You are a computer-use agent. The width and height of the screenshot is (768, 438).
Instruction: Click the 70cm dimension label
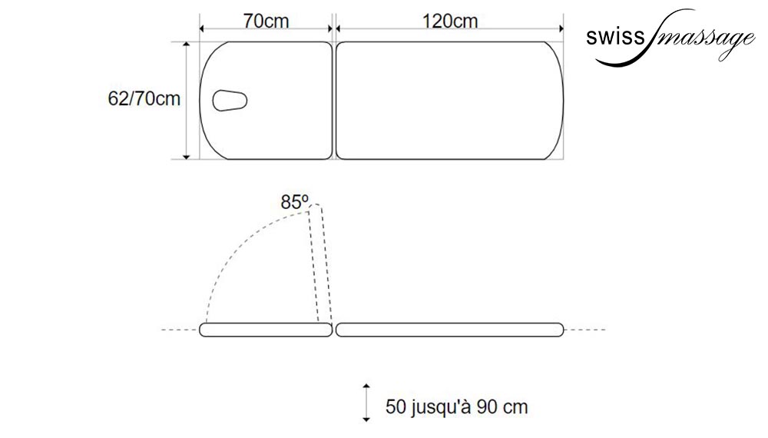tap(266, 21)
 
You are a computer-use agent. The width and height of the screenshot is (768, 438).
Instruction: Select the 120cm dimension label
tap(449, 21)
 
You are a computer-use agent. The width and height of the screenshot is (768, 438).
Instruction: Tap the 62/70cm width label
tap(144, 98)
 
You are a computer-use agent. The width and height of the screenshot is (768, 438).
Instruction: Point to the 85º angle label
tap(294, 202)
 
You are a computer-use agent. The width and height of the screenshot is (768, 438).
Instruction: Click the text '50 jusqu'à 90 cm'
tap(456, 406)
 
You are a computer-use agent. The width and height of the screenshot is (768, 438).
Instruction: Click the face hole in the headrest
tap(229, 101)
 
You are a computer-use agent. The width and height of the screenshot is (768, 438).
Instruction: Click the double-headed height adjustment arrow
tap(366, 403)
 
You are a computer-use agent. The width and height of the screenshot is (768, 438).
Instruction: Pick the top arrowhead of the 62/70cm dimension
tap(186, 45)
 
